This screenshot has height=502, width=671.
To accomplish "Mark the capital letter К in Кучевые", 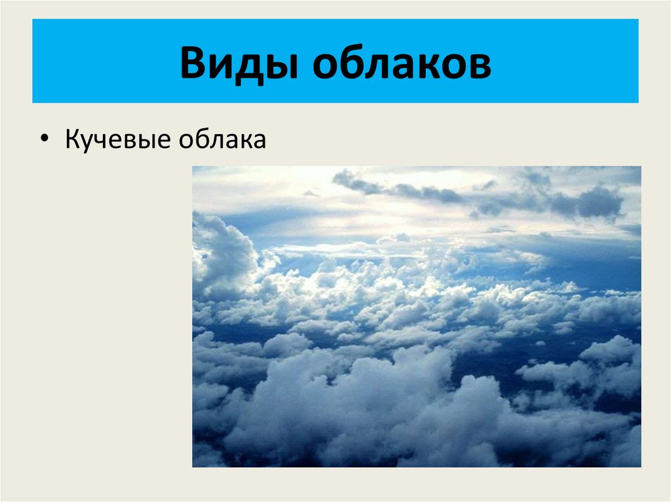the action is pyautogui.click(x=72, y=139).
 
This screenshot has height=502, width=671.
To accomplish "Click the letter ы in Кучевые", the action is pyautogui.click(x=147, y=141).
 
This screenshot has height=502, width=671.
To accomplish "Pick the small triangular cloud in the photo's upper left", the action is pyautogui.click(x=311, y=193).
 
